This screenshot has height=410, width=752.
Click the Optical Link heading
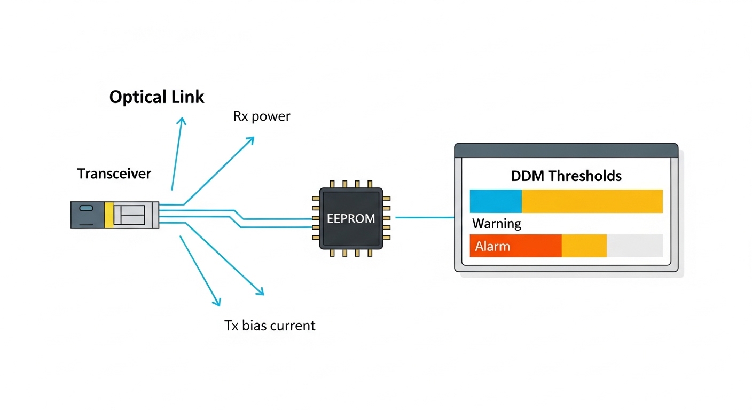(156, 97)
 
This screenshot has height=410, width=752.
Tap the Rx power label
(261, 116)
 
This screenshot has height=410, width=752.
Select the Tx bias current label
(270, 325)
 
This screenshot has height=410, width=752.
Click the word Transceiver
(114, 174)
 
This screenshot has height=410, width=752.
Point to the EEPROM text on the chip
(351, 218)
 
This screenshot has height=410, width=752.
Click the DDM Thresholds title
(566, 176)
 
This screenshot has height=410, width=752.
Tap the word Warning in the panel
(497, 223)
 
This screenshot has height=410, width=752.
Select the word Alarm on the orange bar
(492, 246)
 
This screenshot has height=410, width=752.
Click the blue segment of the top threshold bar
(495, 201)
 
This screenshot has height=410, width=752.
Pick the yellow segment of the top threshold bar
(592, 201)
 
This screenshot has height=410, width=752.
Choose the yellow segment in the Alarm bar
(584, 246)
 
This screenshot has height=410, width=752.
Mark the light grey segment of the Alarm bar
(634, 246)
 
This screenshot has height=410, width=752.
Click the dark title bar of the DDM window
(566, 149)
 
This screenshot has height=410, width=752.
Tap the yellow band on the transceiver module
(109, 215)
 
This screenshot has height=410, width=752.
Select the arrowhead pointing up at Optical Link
(182, 122)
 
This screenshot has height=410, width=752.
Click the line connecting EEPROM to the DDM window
(424, 217)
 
